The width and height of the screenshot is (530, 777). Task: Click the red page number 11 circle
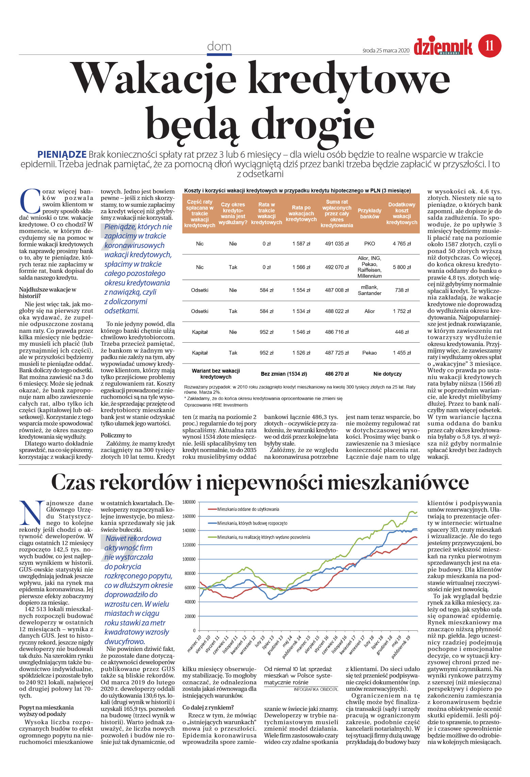(x=490, y=46)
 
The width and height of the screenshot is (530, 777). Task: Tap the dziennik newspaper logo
(x=443, y=47)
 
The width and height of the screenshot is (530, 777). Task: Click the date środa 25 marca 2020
(x=386, y=51)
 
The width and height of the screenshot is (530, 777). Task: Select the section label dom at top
(x=219, y=46)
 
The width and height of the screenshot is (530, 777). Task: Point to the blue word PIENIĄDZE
(x=62, y=155)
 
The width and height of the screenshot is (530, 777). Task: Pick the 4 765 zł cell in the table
(x=401, y=244)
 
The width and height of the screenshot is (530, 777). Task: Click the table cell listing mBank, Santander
(x=369, y=290)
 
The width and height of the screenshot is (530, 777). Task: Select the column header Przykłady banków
(x=369, y=213)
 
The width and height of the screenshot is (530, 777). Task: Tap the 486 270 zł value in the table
(x=337, y=374)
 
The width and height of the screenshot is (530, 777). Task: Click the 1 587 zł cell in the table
(x=301, y=244)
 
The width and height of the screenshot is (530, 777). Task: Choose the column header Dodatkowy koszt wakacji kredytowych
(x=401, y=213)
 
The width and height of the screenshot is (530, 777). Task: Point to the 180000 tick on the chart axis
(x=189, y=502)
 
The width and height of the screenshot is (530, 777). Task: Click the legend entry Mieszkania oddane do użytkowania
(x=248, y=509)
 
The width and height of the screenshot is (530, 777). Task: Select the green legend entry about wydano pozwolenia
(x=263, y=537)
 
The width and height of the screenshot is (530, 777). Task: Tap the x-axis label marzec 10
(x=195, y=643)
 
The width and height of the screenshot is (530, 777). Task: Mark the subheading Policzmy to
(x=116, y=435)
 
